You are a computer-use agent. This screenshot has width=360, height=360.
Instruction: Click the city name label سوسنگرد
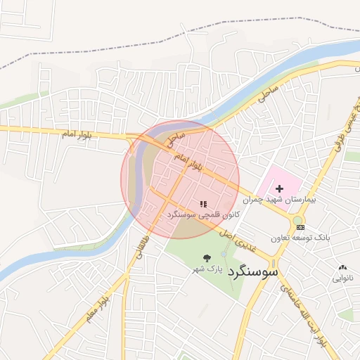tap(253, 270)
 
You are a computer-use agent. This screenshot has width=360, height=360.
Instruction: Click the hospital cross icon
tap(280, 188)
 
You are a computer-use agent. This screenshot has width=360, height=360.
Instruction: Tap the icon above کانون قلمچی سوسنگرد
tap(203, 203)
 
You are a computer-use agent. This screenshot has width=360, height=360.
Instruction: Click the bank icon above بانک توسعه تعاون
tap(300, 227)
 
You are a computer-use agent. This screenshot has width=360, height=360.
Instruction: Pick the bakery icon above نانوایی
tap(342, 268)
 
